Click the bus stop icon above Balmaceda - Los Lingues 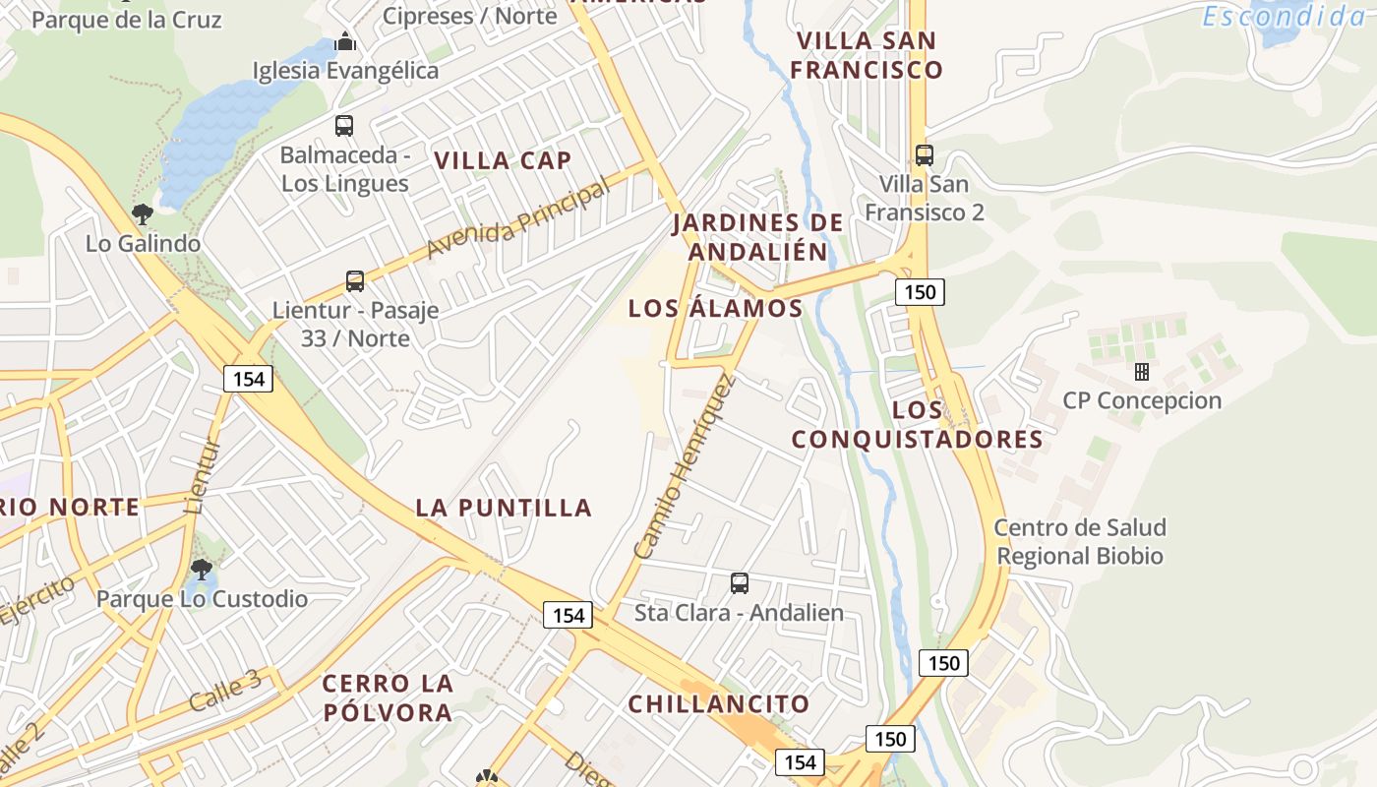pyautogui.click(x=344, y=126)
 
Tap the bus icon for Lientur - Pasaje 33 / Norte pyautogui.click(x=355, y=281)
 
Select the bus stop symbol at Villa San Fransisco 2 pyautogui.click(x=925, y=154)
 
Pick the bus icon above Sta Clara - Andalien pyautogui.click(x=740, y=583)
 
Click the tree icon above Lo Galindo pyautogui.click(x=143, y=214)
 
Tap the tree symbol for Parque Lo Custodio pyautogui.click(x=202, y=569)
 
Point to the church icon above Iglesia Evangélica pyautogui.click(x=345, y=41)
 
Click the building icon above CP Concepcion pyautogui.click(x=1142, y=372)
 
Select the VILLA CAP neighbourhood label pyautogui.click(x=503, y=160)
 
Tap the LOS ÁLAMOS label pyautogui.click(x=715, y=308)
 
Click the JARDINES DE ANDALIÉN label pyautogui.click(x=757, y=237)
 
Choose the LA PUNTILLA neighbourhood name pyautogui.click(x=504, y=508)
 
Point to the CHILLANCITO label pyautogui.click(x=718, y=704)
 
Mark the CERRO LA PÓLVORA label pyautogui.click(x=388, y=697)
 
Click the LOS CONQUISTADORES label pyautogui.click(x=917, y=424)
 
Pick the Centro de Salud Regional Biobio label pyautogui.click(x=1080, y=542)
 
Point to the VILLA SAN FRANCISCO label pyautogui.click(x=867, y=55)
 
